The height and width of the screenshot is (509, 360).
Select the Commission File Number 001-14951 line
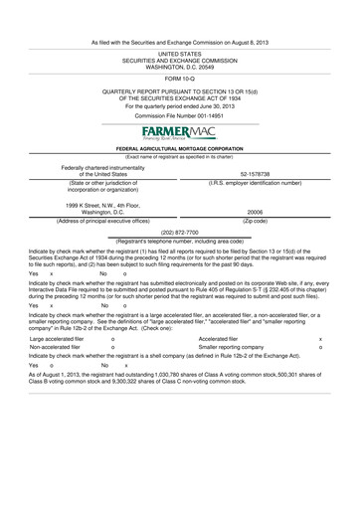pyautogui.click(x=180, y=115)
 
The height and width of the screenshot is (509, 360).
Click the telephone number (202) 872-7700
pyautogui.click(x=180, y=231)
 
